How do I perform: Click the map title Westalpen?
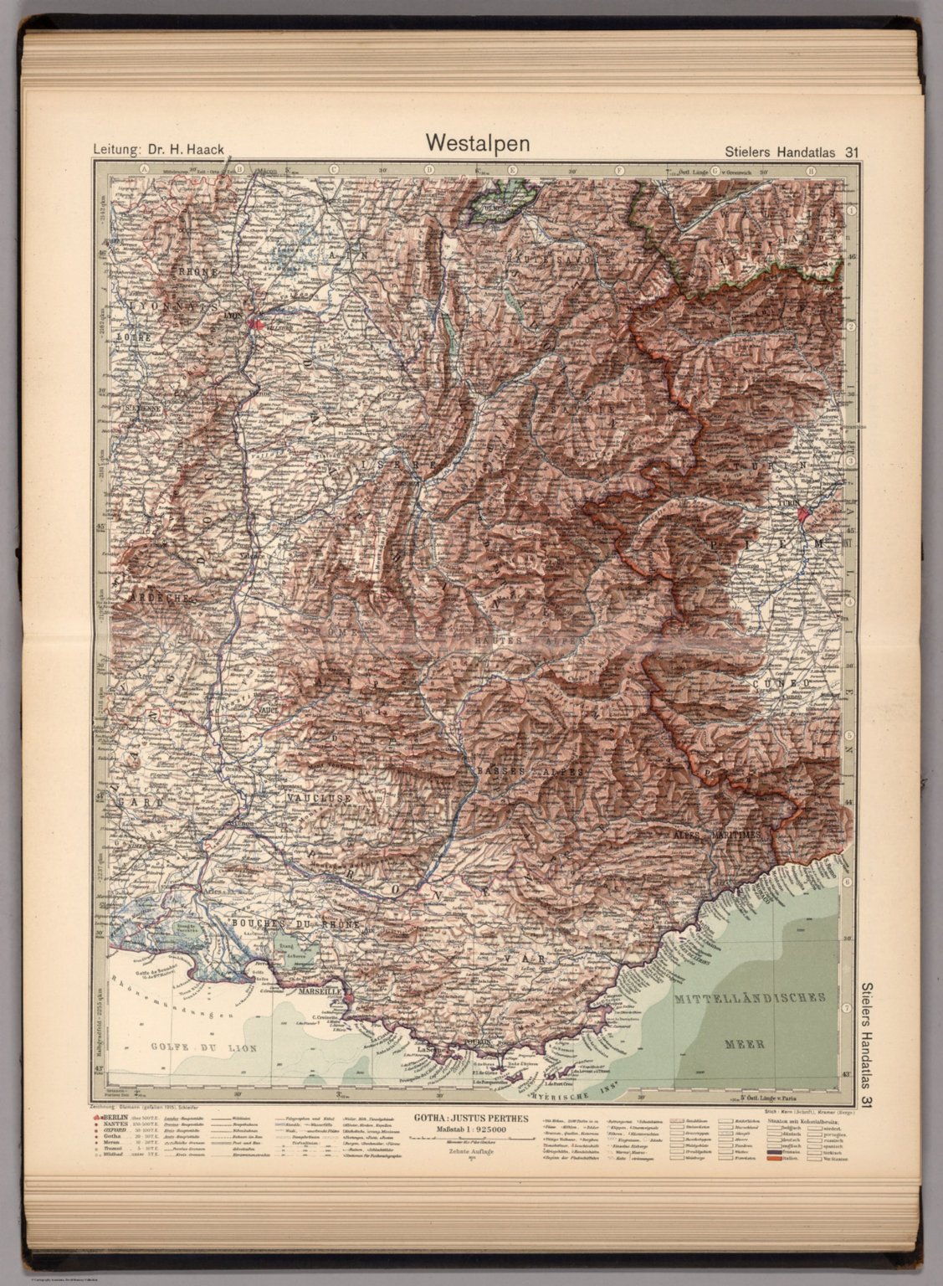tap(478, 142)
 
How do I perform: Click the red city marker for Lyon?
tap(259, 323)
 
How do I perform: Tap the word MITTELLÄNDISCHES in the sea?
tap(751, 998)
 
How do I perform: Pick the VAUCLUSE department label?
tap(319, 799)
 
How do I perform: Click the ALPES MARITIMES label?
tap(716, 836)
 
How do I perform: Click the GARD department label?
tap(141, 802)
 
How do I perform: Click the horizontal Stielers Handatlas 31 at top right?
tap(789, 152)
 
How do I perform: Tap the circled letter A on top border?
tap(144, 170)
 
